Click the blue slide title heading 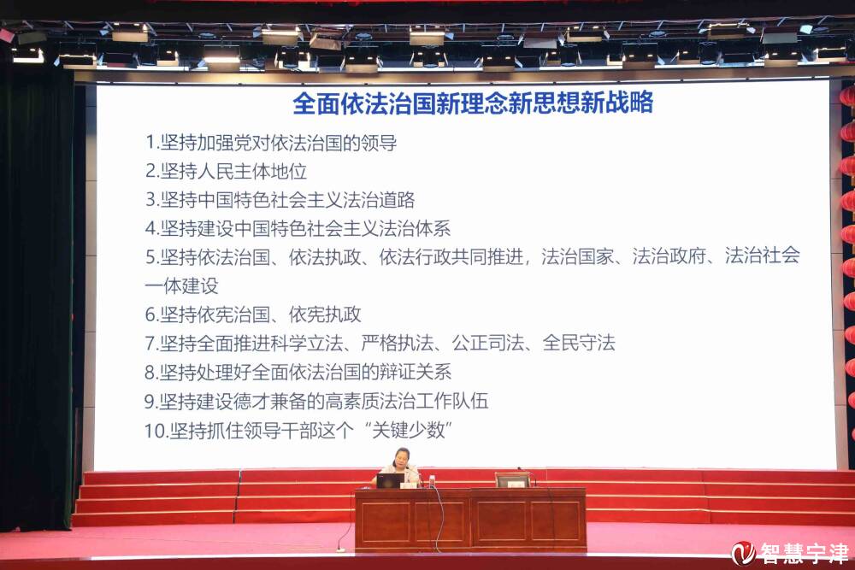tap(473, 103)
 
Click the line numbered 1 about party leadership tap(270, 143)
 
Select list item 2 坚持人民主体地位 tap(226, 171)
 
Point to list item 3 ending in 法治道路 tap(280, 200)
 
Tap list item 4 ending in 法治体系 tap(298, 228)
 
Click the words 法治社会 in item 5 tap(762, 256)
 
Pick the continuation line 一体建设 tap(181, 285)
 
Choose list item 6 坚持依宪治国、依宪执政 tap(252, 314)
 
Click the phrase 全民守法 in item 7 tap(579, 343)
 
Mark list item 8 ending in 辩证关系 tap(298, 372)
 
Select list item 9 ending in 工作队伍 tap(315, 401)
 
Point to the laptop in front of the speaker tap(390, 480)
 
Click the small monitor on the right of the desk tap(512, 480)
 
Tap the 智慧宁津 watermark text tap(804, 553)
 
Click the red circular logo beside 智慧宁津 tap(743, 553)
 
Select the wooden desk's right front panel tap(528, 521)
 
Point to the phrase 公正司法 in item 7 tap(488, 343)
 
